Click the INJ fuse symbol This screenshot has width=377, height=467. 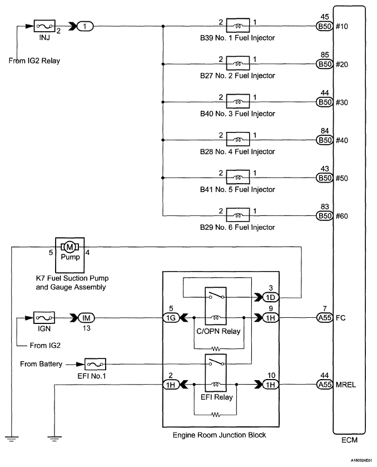pos(44,26)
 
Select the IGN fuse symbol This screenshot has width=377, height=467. pos(44,318)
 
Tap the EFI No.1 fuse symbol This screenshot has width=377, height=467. pos(95,364)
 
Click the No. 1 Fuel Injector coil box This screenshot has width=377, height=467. pos(238,25)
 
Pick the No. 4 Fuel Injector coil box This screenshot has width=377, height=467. pos(238,139)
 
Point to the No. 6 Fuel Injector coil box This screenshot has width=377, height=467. pos(238,215)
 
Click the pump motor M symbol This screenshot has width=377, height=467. pos(70,247)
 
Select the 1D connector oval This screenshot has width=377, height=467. pos(270,297)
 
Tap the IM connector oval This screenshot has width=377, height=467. pos(86,318)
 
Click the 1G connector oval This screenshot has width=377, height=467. pos(171,318)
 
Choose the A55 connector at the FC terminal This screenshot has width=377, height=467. pos(324,318)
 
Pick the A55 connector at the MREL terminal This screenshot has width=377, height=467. pos(324,385)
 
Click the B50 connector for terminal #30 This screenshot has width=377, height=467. pos(324,102)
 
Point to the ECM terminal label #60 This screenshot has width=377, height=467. pos(342,216)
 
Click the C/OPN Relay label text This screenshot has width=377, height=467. pos(218,331)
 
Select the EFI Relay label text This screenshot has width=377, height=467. pos(217,397)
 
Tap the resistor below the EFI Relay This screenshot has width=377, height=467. pos(216,415)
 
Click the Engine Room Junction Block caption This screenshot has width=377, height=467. pos(219,435)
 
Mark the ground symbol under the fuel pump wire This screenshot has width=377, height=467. pos(11,439)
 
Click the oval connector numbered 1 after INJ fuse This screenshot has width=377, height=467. pos(85,26)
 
